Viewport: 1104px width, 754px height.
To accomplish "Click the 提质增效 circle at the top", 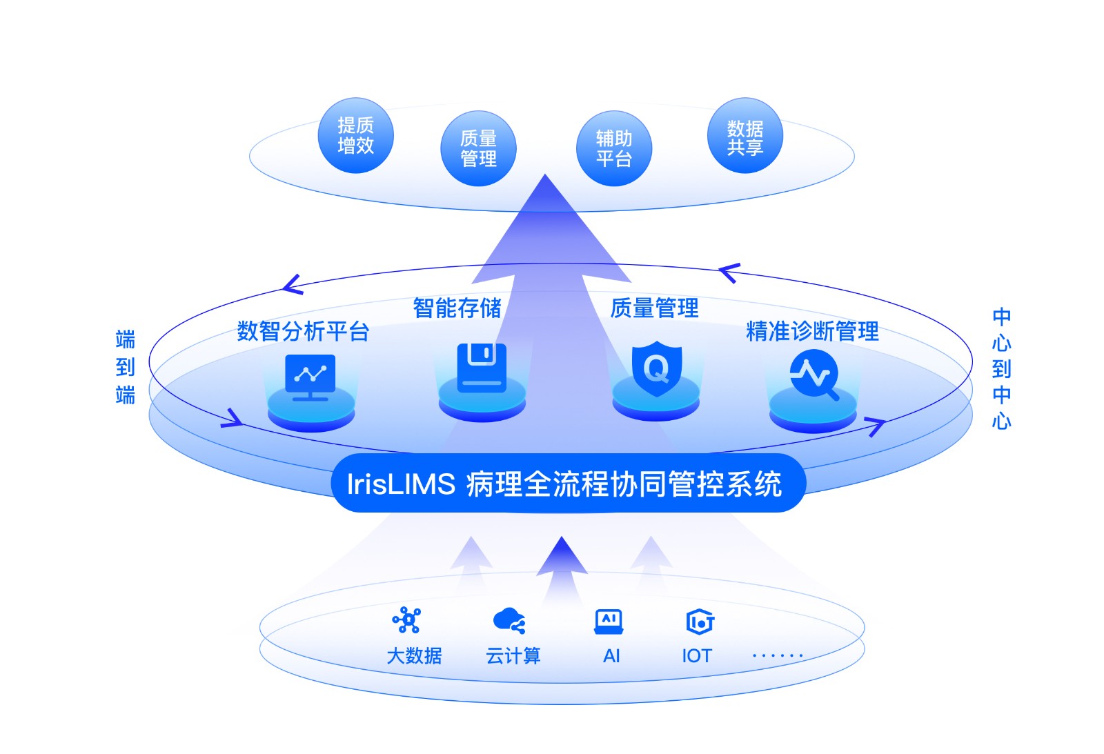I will point(355,135).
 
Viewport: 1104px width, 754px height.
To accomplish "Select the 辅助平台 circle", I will point(613,148).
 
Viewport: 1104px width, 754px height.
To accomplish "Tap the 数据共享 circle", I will point(745,136).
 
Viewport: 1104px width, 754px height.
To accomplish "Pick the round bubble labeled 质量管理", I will point(478,148).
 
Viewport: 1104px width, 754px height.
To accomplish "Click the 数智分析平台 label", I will point(303,331).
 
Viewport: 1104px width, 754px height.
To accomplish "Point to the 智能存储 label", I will point(457,308).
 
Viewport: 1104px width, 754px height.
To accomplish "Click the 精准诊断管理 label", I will point(812,331).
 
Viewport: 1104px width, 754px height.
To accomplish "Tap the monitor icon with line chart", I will point(310,377).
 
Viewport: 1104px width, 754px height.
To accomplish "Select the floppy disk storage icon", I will point(482,367).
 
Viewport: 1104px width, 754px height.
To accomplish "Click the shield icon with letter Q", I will point(656,368).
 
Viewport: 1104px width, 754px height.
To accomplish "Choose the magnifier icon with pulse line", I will point(814,375).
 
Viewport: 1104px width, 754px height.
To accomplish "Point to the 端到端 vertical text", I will point(126,367).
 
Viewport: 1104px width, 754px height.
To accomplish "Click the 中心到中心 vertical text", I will point(1001,368).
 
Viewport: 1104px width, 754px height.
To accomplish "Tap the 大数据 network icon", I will point(407,620).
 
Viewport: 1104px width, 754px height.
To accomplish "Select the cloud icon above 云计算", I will point(509,620).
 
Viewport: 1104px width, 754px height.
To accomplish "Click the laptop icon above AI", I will point(609,621).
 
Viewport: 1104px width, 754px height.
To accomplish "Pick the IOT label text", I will point(696,655).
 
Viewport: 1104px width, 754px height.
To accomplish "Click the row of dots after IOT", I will point(777,655).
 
